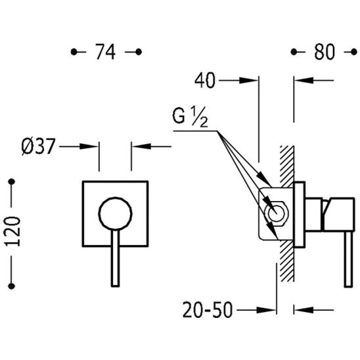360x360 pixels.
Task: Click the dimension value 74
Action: pos(105,52)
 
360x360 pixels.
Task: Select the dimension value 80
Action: pos(324,52)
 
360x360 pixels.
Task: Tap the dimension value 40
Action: pos(205,80)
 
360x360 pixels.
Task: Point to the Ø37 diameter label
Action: pos(38,146)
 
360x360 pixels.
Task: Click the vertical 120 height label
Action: pos(12,232)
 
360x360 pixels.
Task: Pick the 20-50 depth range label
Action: pos(208,310)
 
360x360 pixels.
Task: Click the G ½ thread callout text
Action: pos(190,118)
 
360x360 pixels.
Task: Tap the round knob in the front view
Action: pos(115,214)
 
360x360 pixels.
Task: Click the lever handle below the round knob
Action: pos(115,258)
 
